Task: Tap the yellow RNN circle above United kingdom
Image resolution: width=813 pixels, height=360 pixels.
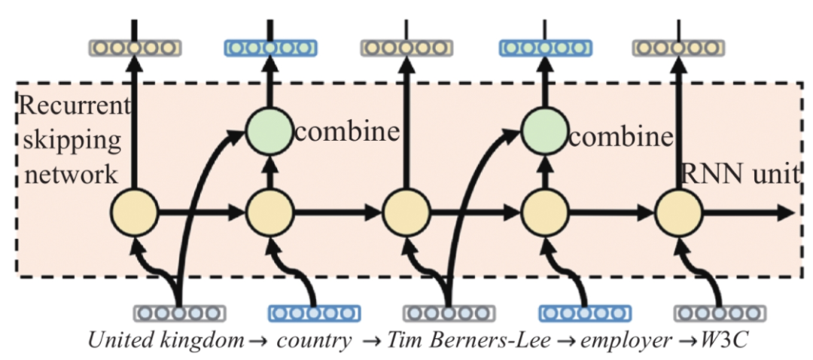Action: (x=134, y=213)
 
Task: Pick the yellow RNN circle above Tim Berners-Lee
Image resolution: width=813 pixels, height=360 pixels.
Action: (x=406, y=213)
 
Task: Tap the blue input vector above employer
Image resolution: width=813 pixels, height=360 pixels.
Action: (x=586, y=313)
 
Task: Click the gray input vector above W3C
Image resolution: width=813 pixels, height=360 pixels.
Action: (x=721, y=313)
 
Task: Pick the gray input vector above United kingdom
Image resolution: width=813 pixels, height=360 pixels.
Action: (x=179, y=313)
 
